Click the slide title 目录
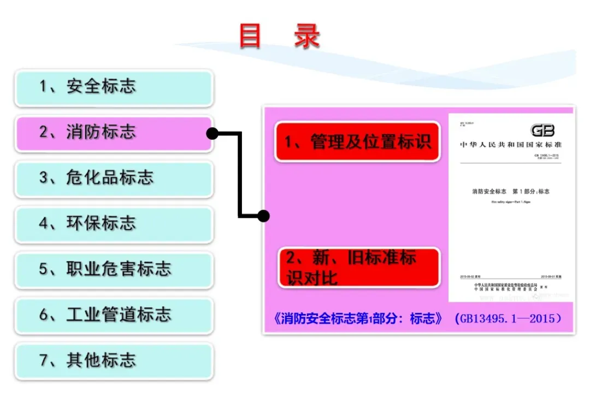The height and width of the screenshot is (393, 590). click(280, 36)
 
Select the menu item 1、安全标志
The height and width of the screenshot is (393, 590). click(114, 87)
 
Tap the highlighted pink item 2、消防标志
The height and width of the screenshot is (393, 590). click(114, 133)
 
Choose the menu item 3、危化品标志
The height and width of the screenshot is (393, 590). click(114, 178)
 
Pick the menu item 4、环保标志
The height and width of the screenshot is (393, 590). click(114, 224)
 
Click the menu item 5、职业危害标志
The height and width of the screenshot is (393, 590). click(114, 269)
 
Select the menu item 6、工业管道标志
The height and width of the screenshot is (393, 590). click(114, 315)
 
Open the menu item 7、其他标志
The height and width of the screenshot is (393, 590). click(114, 360)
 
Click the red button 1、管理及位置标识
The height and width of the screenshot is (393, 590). click(357, 142)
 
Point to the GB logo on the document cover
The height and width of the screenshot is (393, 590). click(542, 130)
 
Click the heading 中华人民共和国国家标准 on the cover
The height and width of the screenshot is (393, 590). click(511, 145)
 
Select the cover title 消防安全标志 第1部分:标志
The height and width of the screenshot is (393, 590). click(511, 192)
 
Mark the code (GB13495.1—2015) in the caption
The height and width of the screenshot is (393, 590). click(508, 319)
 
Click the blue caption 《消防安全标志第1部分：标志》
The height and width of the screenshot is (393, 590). click(357, 319)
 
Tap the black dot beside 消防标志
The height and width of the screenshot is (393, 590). click(212, 133)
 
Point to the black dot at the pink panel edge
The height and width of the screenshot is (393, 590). click(263, 216)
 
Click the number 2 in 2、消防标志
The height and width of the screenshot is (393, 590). click(44, 133)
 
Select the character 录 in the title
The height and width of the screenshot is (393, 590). click(306, 36)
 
